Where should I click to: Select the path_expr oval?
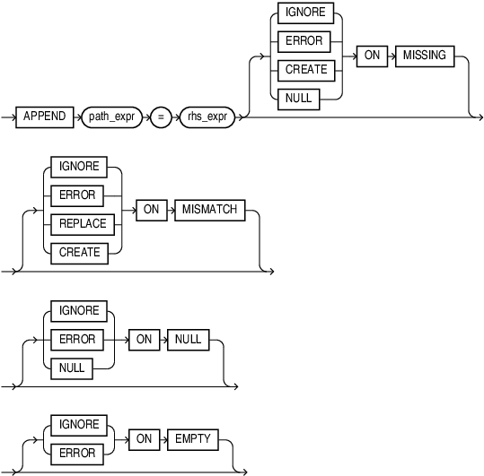point(110,118)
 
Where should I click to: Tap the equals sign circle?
point(161,118)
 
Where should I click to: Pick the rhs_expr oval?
point(207,118)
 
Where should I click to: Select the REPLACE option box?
point(80,223)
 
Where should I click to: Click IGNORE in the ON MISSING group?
point(305,13)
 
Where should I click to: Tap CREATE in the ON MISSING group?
point(305,69)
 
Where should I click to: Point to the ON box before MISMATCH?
point(149,209)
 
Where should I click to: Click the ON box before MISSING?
point(372,55)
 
